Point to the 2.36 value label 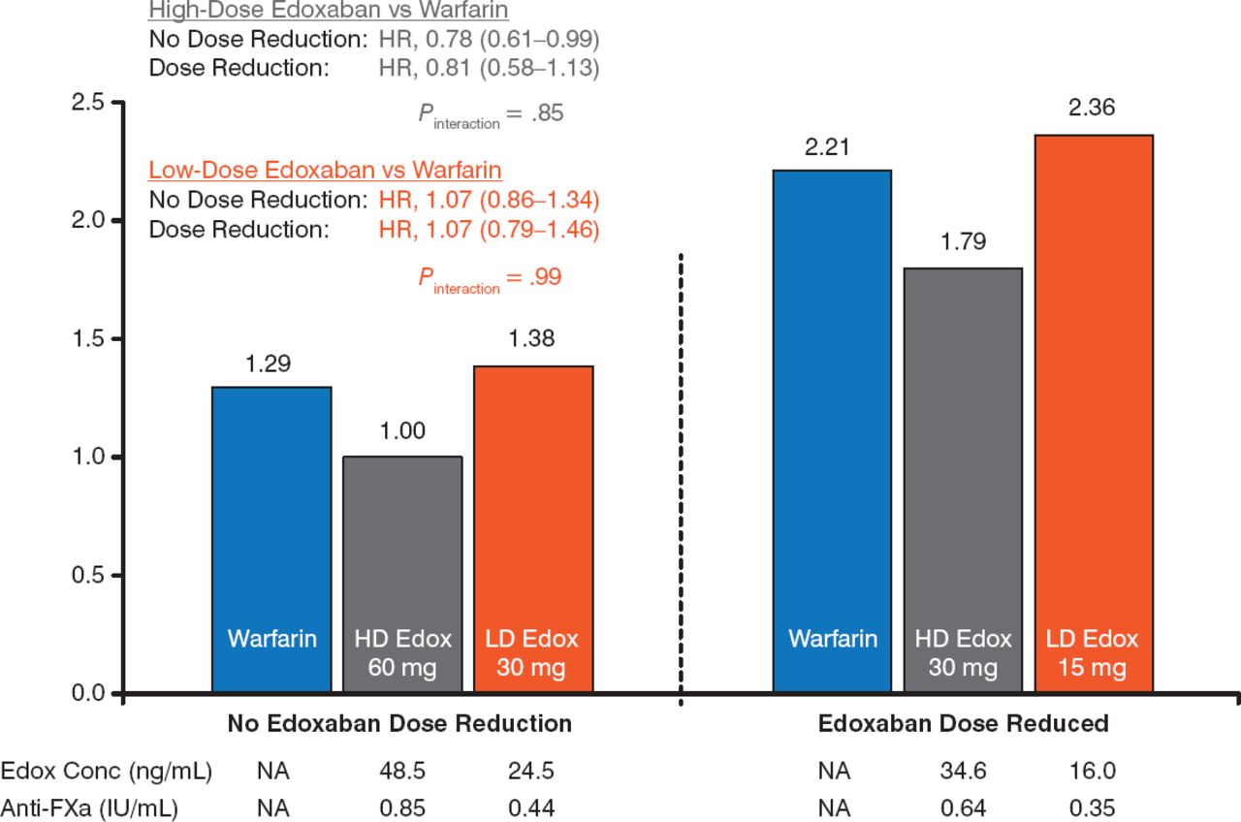click(x=1092, y=108)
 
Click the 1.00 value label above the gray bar click(x=402, y=431)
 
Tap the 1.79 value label click(x=963, y=241)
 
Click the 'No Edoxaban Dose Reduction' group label click(x=399, y=724)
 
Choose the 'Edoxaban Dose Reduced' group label click(x=963, y=724)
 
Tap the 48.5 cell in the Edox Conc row click(x=402, y=773)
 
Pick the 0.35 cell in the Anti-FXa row click(x=1093, y=807)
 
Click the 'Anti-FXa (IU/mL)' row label click(x=106, y=807)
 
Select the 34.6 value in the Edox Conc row click(x=963, y=773)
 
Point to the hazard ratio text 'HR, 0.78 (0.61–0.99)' click(x=489, y=41)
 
